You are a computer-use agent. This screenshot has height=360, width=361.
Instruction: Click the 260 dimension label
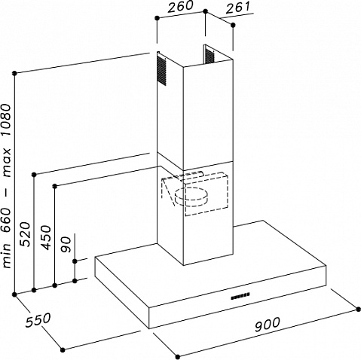coord(181,6)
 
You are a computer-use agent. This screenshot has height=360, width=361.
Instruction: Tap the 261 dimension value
coord(238,8)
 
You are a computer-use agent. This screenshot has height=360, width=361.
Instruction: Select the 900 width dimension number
coord(267,324)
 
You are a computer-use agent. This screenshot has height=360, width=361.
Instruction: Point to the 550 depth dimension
coord(38,319)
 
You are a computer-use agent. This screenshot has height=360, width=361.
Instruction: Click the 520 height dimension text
coord(25,234)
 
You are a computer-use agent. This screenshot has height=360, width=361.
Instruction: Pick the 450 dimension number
coord(46,237)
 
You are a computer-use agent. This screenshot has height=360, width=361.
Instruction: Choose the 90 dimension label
coord(66,244)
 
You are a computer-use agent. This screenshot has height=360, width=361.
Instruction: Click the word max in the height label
coord(7,163)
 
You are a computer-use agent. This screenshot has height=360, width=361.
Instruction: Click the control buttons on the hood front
coord(240,296)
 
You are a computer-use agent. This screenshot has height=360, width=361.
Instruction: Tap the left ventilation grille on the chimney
coord(162,71)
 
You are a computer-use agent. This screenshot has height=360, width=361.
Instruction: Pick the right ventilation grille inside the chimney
coord(210,55)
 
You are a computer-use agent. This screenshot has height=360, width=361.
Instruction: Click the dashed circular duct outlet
coord(191,197)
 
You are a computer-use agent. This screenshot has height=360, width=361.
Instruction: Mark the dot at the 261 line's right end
coord(233,25)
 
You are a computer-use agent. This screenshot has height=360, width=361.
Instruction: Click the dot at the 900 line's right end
coord(359,310)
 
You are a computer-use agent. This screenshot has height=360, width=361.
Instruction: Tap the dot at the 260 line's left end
coord(157,17)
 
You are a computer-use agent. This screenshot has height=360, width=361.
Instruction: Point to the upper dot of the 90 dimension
coord(75,261)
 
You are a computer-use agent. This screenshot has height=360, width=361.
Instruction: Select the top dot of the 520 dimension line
coord(35,174)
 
